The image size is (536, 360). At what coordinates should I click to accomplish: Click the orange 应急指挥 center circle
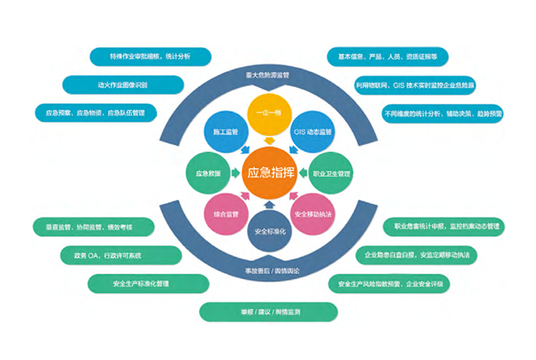268,174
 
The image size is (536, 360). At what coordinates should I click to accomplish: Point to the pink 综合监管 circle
222,214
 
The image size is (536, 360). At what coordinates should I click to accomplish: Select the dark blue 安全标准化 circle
269,230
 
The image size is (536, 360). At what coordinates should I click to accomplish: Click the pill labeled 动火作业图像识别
123,84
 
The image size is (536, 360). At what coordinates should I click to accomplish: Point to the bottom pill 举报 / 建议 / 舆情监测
269,311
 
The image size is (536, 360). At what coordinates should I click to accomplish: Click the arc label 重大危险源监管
268,75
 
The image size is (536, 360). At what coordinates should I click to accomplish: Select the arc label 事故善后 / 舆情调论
268,272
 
